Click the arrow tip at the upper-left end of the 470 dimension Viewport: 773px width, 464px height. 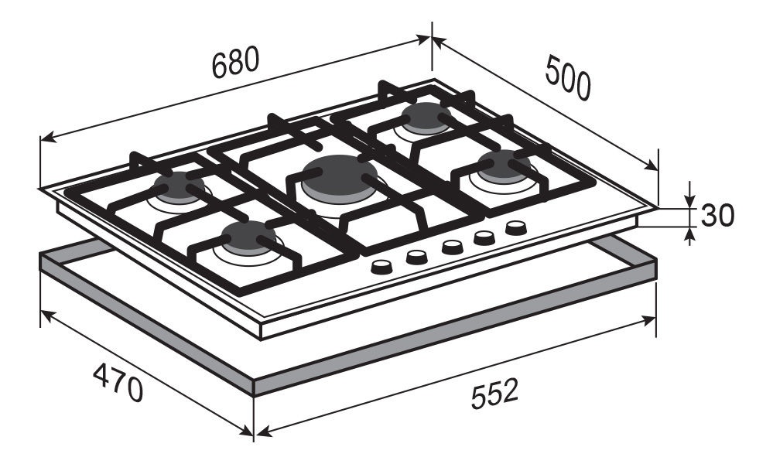[40, 311]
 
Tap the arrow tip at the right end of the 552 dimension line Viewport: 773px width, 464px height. [655, 319]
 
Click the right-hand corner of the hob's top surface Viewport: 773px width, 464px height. [658, 206]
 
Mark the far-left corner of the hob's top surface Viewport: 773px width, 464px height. [39, 188]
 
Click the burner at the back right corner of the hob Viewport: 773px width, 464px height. [426, 118]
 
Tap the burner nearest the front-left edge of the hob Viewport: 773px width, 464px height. [249, 237]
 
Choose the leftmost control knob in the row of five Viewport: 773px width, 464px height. [381, 267]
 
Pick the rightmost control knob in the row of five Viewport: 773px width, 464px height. [515, 227]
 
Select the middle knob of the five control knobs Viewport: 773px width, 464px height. [451, 246]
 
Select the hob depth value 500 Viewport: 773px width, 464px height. [568, 79]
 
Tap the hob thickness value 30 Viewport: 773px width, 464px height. [717, 215]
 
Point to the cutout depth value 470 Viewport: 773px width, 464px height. [118, 382]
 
